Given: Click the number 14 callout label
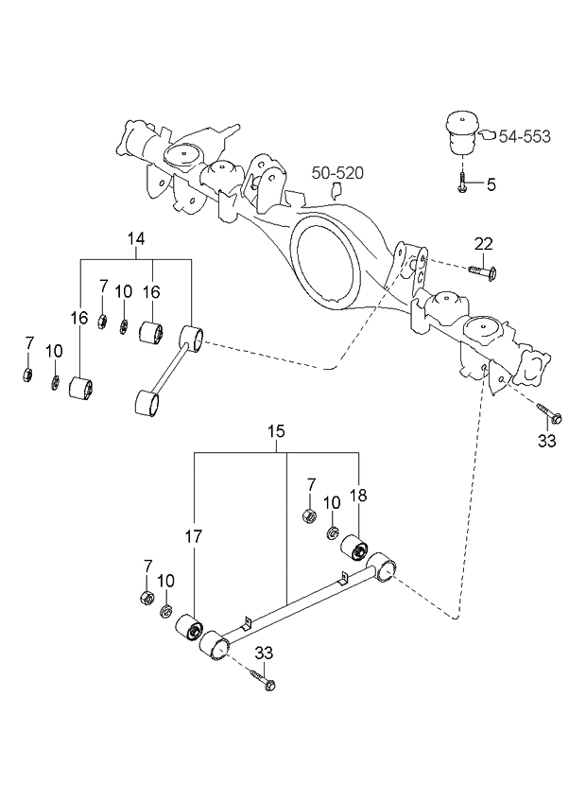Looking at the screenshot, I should click(136, 240).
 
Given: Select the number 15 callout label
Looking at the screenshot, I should click(276, 432).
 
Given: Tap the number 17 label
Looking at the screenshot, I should click(194, 537).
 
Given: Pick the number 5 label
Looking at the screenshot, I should click(491, 185).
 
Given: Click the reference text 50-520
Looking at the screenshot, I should click(338, 173).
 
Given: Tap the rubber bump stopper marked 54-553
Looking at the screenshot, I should click(460, 133).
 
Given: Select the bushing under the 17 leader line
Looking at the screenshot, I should click(190, 629).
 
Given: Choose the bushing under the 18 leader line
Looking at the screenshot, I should click(358, 548).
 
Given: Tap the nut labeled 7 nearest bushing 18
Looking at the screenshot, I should click(308, 516).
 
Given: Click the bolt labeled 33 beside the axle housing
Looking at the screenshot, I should click(548, 413).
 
